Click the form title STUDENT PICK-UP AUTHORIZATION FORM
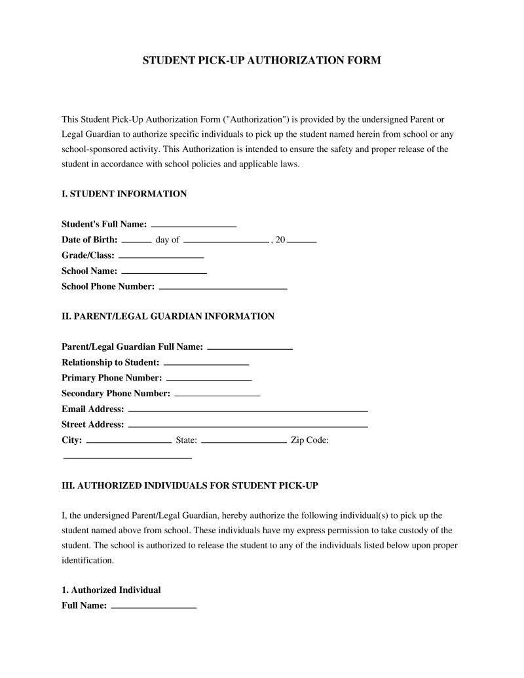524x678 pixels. [261, 60]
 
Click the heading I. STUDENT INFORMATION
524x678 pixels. [124, 194]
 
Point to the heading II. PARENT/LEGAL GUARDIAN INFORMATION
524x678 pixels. [168, 316]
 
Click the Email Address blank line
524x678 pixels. [248, 409]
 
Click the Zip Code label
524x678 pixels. [309, 440]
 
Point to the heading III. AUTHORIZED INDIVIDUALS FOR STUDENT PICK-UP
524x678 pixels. [190, 486]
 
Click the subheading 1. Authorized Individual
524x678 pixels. [111, 590]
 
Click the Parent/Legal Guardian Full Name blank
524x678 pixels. [250, 347]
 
